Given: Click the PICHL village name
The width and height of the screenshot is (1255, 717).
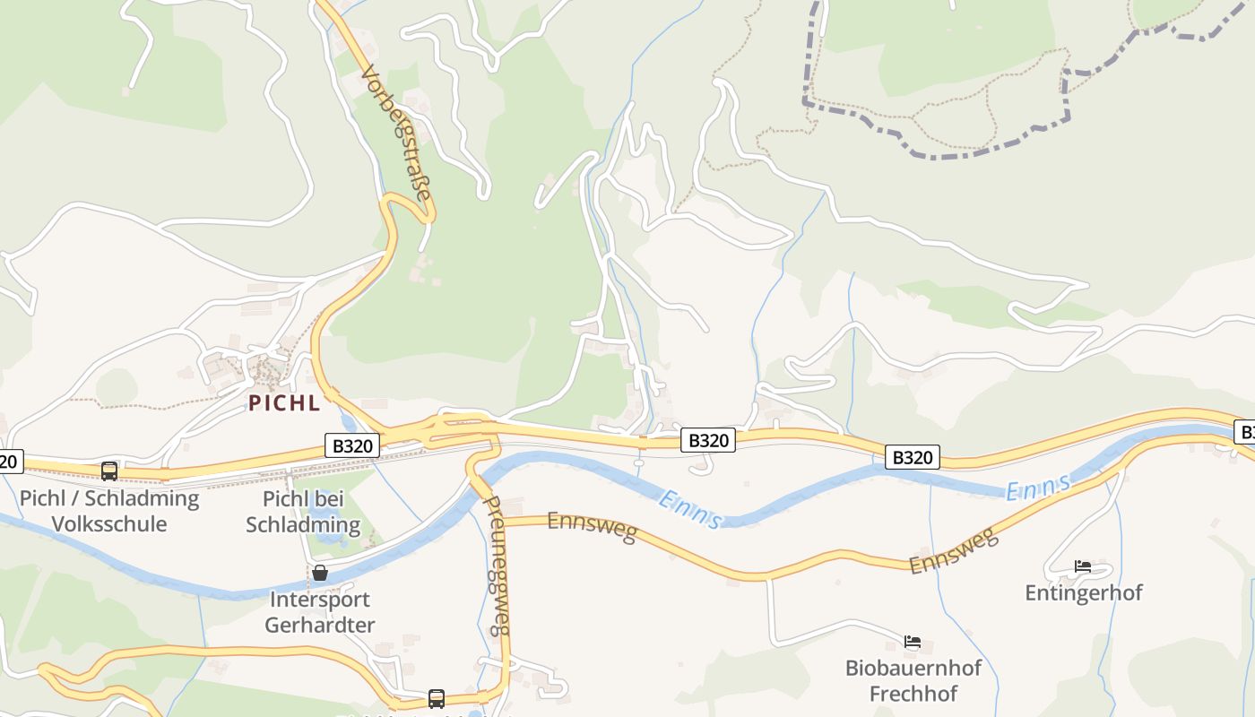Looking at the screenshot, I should click(x=283, y=403).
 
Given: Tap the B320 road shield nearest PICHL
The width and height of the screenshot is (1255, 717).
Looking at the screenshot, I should click(x=351, y=445).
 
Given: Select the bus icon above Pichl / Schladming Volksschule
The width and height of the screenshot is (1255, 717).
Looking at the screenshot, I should click(x=109, y=471).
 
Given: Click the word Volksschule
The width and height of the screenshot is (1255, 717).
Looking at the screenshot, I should click(x=109, y=523).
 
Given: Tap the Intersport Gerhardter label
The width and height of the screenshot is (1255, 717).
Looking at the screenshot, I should click(x=319, y=612).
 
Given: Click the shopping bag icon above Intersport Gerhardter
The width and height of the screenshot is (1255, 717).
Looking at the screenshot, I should click(x=319, y=573).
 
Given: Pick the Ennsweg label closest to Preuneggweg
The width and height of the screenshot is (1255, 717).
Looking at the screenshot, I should click(x=592, y=527).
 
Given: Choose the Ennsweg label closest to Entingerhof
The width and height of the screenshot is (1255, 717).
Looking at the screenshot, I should click(x=954, y=552).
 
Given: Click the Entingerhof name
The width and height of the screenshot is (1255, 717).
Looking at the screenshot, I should click(x=1083, y=592).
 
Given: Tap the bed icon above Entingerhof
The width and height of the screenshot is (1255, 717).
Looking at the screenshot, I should click(x=1083, y=566).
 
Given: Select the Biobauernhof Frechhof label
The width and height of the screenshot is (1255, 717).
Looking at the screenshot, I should click(x=913, y=680).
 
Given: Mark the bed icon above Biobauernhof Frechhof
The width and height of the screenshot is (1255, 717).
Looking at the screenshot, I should click(x=913, y=642).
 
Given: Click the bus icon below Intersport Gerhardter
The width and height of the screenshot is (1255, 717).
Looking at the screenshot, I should click(x=437, y=698).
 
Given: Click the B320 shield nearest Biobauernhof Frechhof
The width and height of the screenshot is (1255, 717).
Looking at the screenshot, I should click(x=913, y=457).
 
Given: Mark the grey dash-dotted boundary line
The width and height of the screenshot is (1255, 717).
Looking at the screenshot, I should click(x=941, y=154).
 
